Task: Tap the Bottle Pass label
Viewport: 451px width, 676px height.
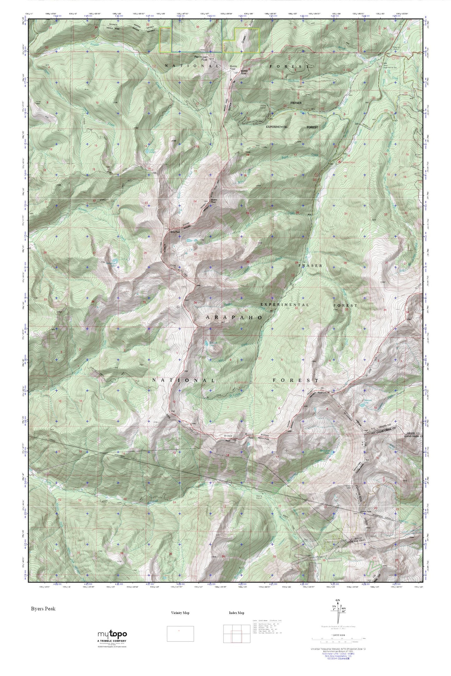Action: point(233,68)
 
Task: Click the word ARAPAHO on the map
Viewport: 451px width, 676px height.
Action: point(233,317)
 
